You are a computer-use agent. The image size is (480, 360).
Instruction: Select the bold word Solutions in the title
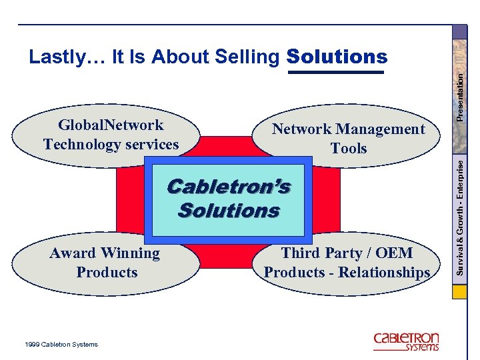[337, 57]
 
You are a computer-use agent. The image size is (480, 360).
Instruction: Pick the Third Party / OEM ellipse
[347, 263]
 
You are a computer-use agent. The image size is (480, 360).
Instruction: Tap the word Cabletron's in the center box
[229, 187]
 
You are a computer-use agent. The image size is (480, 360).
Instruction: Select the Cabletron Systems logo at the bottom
[406, 341]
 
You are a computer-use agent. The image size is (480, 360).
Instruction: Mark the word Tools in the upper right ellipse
[348, 148]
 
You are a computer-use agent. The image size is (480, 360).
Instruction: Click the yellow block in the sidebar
[460, 293]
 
